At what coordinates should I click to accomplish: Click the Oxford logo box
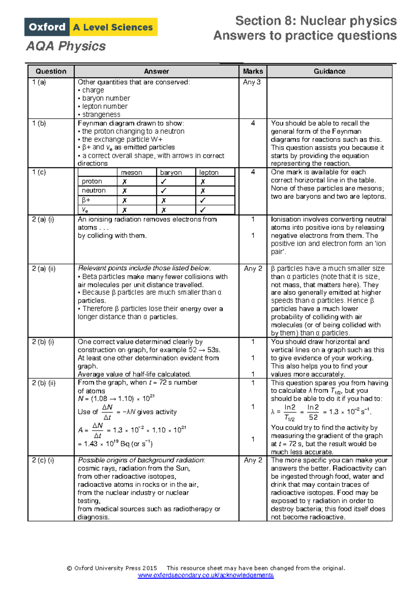coord(47,27)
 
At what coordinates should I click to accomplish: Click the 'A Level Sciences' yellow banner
coord(113,27)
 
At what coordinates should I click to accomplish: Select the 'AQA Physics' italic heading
coord(66,46)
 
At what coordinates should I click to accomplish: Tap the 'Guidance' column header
coord(329,71)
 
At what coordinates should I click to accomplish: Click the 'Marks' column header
coord(253,71)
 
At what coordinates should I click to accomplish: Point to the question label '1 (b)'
coord(39,123)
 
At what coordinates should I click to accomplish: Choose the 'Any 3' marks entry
coord(252,82)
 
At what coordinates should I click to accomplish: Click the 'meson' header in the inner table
coord(132,172)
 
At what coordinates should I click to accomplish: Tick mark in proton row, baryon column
coord(163,182)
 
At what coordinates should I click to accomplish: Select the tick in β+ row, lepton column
coord(203,200)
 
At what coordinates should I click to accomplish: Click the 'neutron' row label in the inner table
coord(93,191)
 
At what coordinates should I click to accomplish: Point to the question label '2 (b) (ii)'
coord(44,383)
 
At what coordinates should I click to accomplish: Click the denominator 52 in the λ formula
coord(313,417)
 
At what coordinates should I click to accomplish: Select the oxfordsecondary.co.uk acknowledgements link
coord(206,575)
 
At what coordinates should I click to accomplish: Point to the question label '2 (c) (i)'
coord(43,460)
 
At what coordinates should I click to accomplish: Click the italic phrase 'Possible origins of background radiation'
coord(141,460)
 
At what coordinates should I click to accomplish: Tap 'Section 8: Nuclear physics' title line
coord(316,21)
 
